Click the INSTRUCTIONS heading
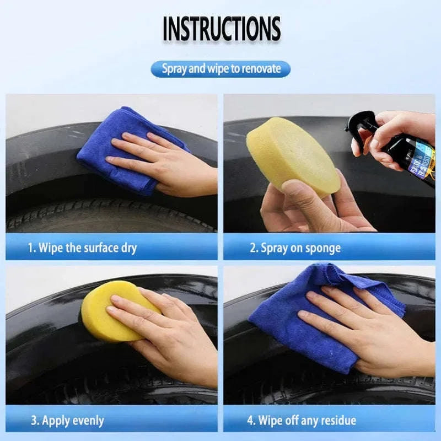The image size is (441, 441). (221, 29)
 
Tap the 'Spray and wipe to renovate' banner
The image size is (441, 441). (220, 69)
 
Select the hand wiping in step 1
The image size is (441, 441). (165, 165)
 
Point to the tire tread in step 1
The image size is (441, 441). (110, 218)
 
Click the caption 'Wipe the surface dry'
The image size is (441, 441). (82, 248)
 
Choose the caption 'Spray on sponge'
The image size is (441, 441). (295, 248)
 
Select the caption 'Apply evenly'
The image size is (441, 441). (67, 421)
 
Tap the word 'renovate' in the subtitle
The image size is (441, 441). (261, 69)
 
